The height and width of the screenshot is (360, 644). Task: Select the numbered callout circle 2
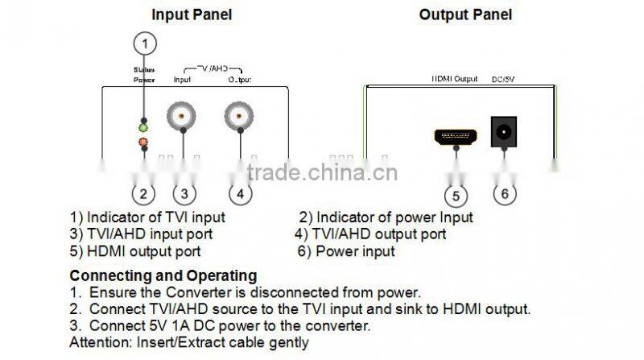(142, 193)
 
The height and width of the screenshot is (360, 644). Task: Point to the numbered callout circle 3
(184, 193)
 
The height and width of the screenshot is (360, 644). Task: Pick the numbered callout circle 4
(240, 193)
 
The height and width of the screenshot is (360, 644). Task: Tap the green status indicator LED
(142, 127)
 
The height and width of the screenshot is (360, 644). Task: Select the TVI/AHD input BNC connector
(184, 117)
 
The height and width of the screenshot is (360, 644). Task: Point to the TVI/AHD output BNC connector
(239, 117)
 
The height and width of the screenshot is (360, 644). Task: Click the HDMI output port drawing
(456, 136)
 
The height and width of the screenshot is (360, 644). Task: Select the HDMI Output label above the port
(455, 80)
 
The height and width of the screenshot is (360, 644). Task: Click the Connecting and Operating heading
(163, 275)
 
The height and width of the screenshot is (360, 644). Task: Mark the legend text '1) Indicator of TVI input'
(147, 217)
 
